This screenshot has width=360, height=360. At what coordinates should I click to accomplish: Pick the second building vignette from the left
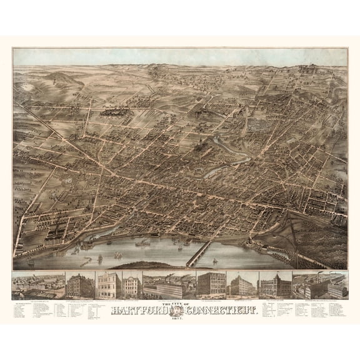pos(81,285)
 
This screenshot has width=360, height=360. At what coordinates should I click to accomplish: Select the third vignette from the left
pos(109,285)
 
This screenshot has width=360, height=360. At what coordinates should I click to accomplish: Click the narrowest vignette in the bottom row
pos(131,285)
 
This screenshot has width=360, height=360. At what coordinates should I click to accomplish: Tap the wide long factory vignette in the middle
pos(167,285)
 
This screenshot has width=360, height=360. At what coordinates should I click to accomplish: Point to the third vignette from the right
pos(241,285)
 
